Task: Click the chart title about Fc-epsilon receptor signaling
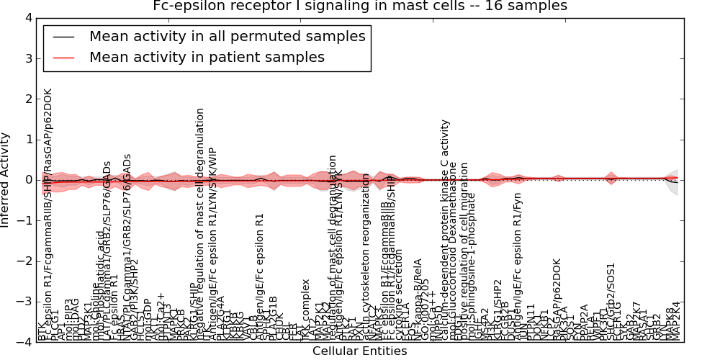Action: point(360,6)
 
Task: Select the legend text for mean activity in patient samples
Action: point(207,57)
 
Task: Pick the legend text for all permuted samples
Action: point(228,36)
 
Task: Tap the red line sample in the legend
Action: point(63,58)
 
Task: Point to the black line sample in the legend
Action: point(63,37)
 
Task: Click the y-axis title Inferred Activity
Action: point(6,180)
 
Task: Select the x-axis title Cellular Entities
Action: point(360,351)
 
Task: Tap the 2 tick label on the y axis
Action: point(27,99)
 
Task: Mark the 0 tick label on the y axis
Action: point(27,180)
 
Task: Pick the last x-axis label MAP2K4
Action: point(677,321)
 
